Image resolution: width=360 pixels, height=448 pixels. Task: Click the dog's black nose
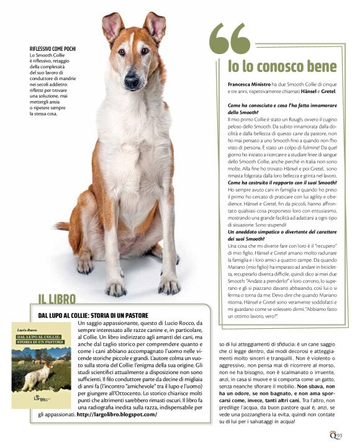click(132, 80)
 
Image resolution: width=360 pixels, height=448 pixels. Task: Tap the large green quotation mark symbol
click(230, 38)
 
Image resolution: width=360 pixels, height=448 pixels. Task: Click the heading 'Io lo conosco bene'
click(282, 66)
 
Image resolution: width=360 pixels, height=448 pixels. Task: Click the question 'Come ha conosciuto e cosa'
click(281, 106)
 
